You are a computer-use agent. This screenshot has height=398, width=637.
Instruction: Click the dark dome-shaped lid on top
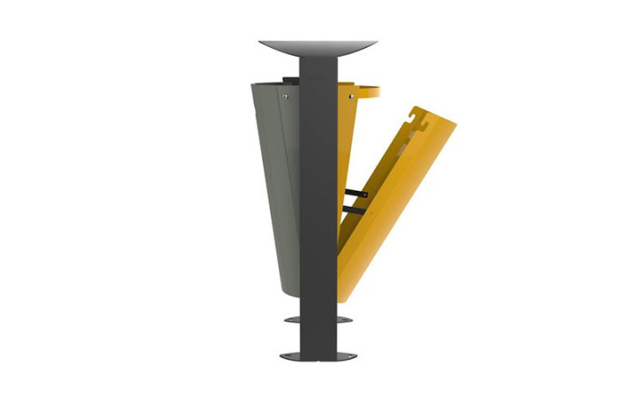318,47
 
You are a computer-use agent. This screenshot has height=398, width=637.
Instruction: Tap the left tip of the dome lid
263,42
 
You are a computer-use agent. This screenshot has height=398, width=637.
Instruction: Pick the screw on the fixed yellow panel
349,93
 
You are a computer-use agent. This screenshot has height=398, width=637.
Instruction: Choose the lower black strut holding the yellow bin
353,209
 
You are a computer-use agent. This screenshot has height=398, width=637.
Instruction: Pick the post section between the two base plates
318,336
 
